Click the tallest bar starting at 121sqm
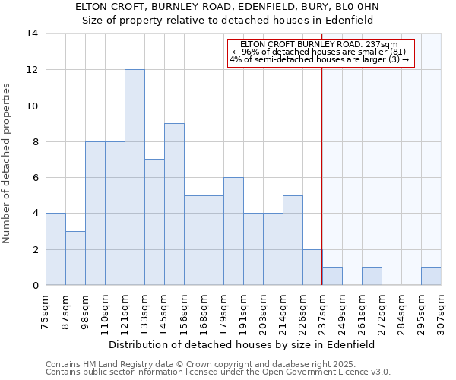tap(135, 177)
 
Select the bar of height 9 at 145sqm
tap(174, 204)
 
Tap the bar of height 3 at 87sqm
tap(75, 258)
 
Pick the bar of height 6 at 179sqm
tap(233, 231)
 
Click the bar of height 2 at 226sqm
tap(312, 267)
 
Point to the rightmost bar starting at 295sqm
tap(431, 277)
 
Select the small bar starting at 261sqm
tap(372, 277)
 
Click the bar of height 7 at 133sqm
tap(154, 222)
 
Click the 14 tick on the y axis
tap(31, 33)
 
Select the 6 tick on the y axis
tap(35, 177)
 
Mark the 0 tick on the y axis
tap(35, 285)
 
